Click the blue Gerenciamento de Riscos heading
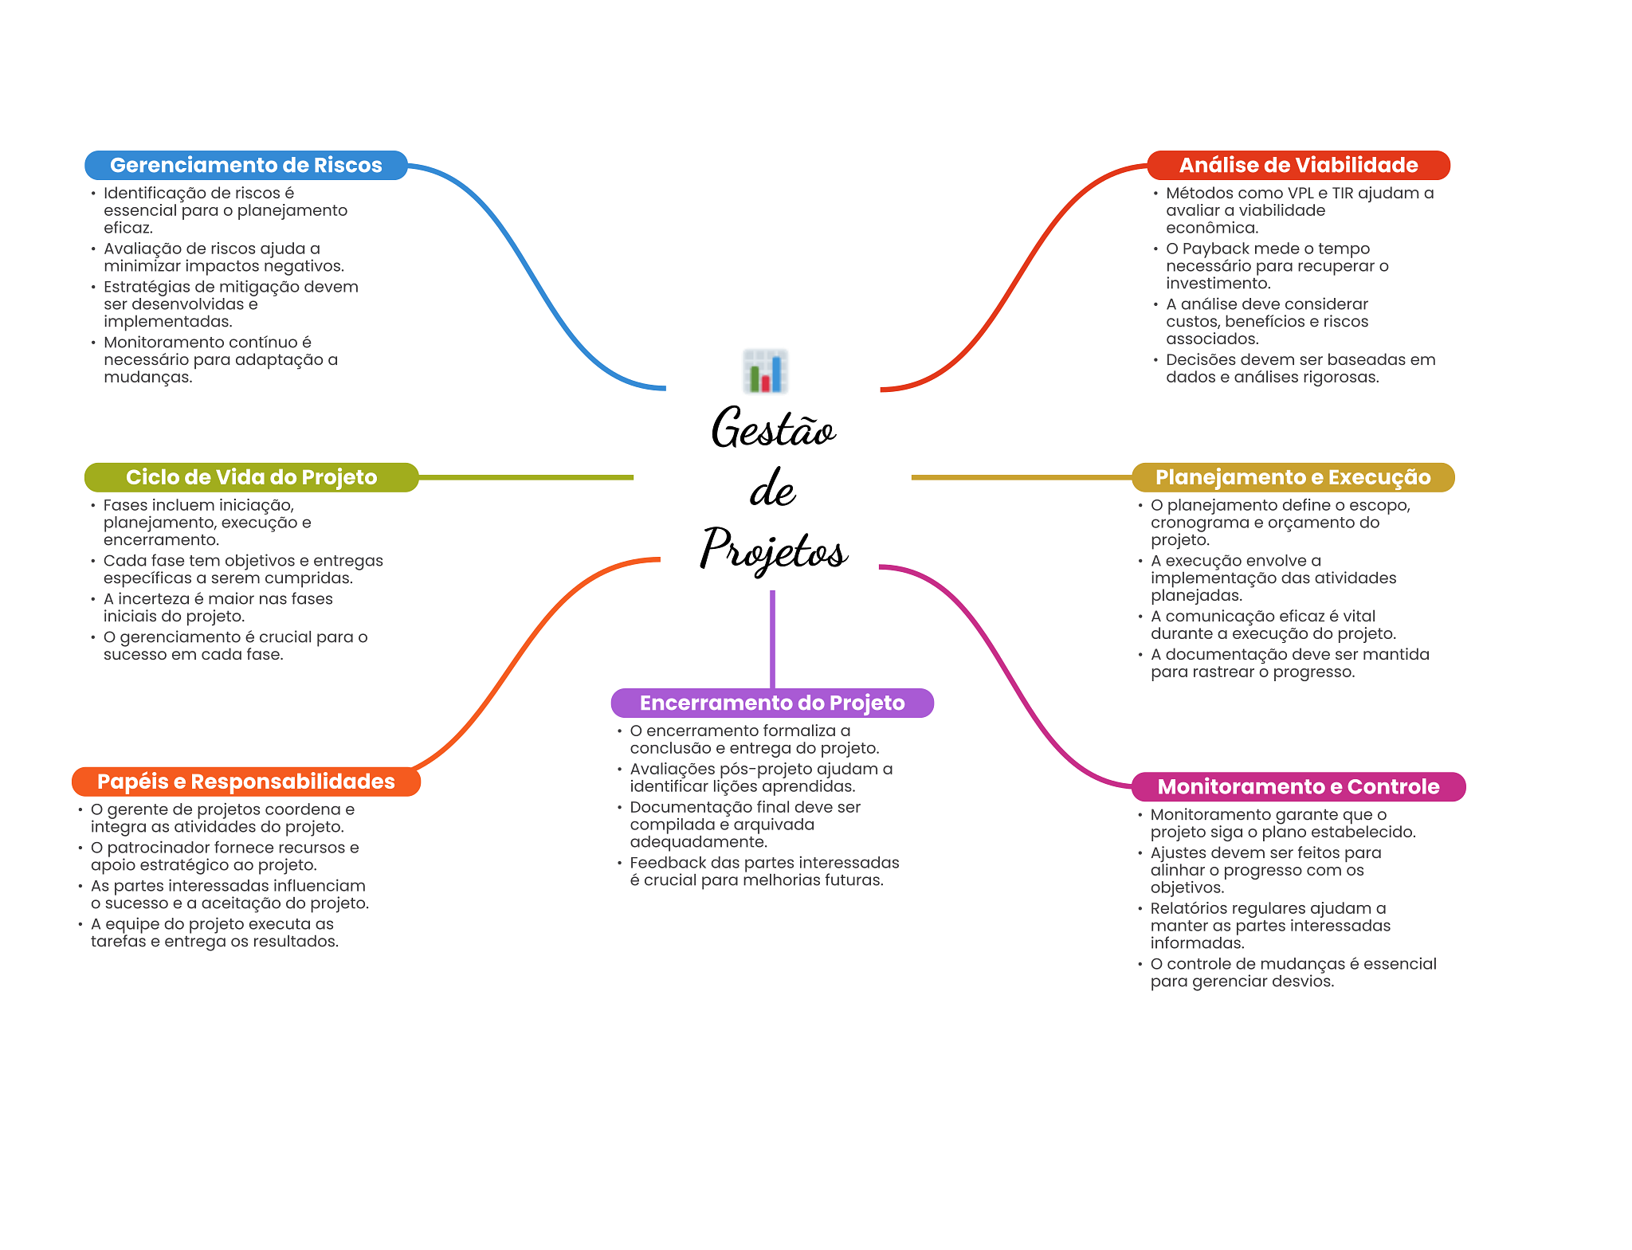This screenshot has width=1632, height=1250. [x=245, y=165]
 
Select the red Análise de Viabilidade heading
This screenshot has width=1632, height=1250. [x=1297, y=165]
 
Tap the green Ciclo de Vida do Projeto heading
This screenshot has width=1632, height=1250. [x=251, y=477]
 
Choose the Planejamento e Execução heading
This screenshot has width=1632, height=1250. [x=1293, y=477]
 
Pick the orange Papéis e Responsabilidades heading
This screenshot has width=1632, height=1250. [x=245, y=782]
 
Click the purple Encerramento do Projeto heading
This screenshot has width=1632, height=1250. [x=771, y=703]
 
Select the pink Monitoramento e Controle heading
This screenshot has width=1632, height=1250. [x=1297, y=787]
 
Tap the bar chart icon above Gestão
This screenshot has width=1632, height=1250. [x=765, y=371]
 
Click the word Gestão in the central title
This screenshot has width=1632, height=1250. [x=773, y=429]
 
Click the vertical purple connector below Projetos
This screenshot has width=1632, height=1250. [x=772, y=637]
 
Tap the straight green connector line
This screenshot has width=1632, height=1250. [x=526, y=477]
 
